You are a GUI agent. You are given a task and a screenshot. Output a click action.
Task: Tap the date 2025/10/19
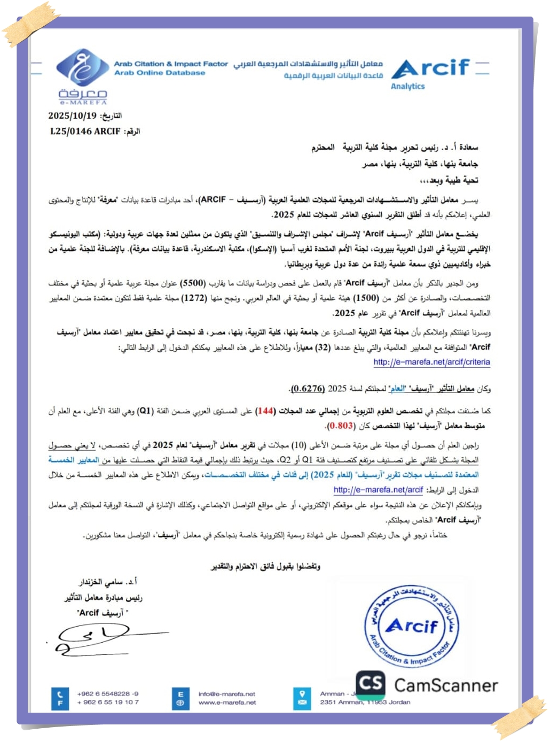pyautogui.click(x=73, y=115)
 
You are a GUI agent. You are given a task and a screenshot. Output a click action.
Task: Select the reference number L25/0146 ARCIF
pyautogui.click(x=85, y=131)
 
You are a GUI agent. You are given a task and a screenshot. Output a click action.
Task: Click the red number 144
pyautogui.click(x=265, y=411)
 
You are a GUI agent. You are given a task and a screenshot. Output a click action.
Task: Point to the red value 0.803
pyautogui.click(x=340, y=426)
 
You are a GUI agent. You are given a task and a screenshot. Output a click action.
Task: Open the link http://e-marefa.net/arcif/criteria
pyautogui.click(x=431, y=362)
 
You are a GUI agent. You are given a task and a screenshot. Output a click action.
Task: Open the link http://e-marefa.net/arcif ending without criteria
pyautogui.click(x=378, y=489)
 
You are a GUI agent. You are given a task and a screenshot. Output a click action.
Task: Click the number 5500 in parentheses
pyautogui.click(x=192, y=282)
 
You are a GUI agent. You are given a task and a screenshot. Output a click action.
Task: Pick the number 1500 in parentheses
pyautogui.click(x=366, y=297)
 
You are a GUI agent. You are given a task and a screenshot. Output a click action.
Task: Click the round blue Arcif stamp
pyautogui.click(x=411, y=626)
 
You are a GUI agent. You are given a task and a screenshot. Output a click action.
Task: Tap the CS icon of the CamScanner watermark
pyautogui.click(x=370, y=684)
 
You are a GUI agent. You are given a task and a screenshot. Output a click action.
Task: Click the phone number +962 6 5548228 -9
pyautogui.click(x=108, y=694)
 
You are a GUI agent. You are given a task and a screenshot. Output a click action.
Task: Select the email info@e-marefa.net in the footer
pyautogui.click(x=227, y=694)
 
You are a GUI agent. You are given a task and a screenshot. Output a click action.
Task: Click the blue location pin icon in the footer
pyautogui.click(x=302, y=694)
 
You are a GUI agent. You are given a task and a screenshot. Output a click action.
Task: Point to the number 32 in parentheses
pyautogui.click(x=323, y=347)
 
